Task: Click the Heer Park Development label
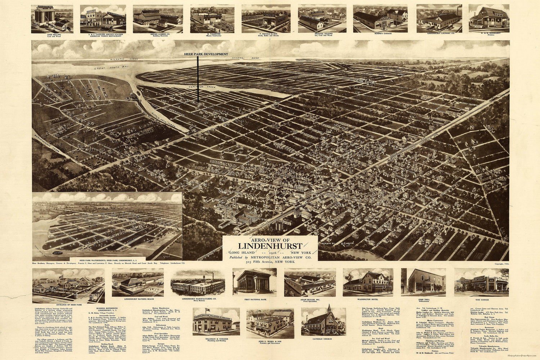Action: (x=206, y=54)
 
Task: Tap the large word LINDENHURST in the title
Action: (x=270, y=247)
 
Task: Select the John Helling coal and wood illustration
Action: (x=52, y=19)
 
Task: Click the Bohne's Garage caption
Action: (x=380, y=33)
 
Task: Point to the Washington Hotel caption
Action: (x=367, y=299)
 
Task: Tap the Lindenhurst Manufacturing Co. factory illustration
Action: (x=197, y=283)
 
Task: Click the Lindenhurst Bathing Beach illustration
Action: (x=138, y=282)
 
